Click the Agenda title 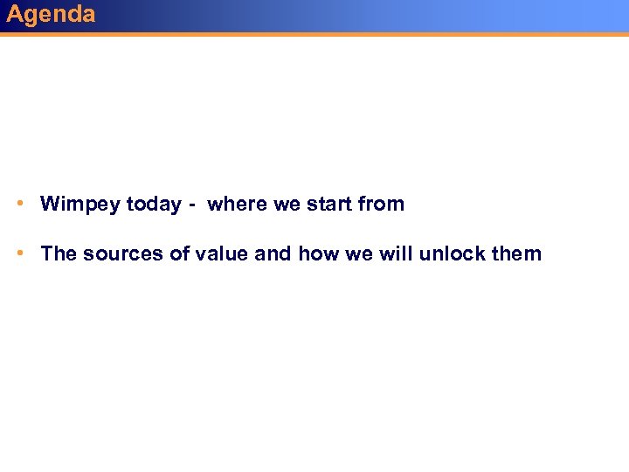pyautogui.click(x=51, y=14)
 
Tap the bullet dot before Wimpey pyautogui.click(x=19, y=203)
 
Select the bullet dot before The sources pyautogui.click(x=19, y=253)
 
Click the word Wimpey pyautogui.click(x=80, y=205)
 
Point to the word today pyautogui.click(x=154, y=205)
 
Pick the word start pyautogui.click(x=328, y=205)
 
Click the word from pyautogui.click(x=382, y=205)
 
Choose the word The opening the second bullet pyautogui.click(x=59, y=254)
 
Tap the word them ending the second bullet pyautogui.click(x=516, y=254)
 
